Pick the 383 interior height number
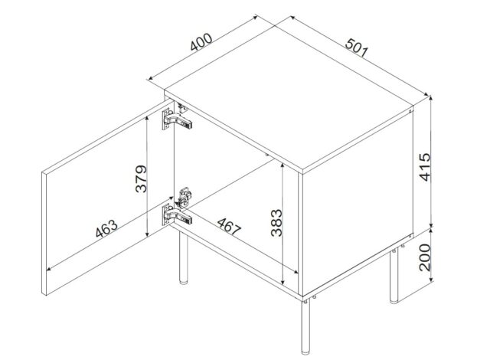click(275, 223)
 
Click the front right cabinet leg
click(307, 326)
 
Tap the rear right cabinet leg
click(394, 276)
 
